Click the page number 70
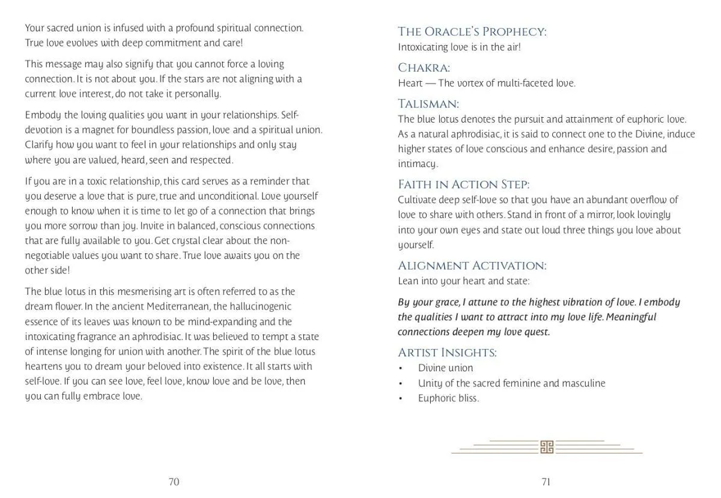174,481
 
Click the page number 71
546,481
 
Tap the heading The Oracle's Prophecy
472,32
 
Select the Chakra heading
424,68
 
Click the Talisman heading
428,104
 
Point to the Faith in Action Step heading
463,184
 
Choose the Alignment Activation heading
472,266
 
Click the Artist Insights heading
447,353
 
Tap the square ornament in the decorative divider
546,446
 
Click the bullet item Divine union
445,368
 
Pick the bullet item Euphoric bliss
448,398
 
